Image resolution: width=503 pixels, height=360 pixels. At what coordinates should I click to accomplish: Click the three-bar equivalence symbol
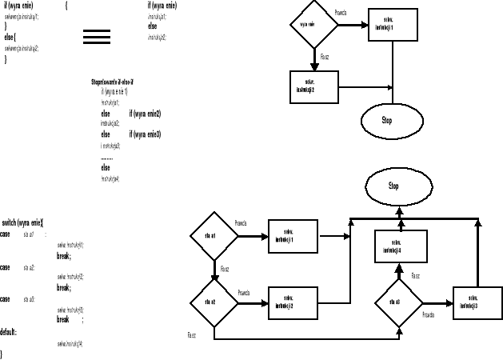pyautogui.click(x=97, y=37)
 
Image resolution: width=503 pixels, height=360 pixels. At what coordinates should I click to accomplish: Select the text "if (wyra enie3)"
pyautogui.click(x=145, y=134)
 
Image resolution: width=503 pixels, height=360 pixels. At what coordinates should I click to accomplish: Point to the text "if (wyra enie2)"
pyautogui.click(x=145, y=114)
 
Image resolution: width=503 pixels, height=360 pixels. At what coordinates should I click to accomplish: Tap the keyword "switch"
pyautogui.click(x=13, y=222)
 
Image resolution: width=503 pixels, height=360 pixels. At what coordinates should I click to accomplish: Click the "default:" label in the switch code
pyautogui.click(x=9, y=330)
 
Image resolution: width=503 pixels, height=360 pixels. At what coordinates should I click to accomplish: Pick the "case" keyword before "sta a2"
pyautogui.click(x=5, y=267)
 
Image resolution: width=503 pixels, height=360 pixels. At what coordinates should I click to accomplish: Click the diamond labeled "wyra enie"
pyautogui.click(x=313, y=24)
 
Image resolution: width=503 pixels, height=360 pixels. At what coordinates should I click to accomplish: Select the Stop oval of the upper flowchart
pyautogui.click(x=387, y=120)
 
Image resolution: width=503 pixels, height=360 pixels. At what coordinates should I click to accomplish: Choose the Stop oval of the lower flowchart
pyautogui.click(x=393, y=186)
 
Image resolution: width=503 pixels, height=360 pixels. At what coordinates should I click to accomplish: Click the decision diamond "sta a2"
pyautogui.click(x=214, y=302)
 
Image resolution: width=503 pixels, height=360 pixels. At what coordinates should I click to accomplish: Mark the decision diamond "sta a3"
pyautogui.click(x=399, y=302)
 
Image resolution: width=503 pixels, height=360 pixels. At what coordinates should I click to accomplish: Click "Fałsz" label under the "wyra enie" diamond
pyautogui.click(x=325, y=57)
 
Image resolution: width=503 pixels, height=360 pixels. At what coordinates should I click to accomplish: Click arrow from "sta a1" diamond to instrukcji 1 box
pyautogui.click(x=250, y=237)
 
